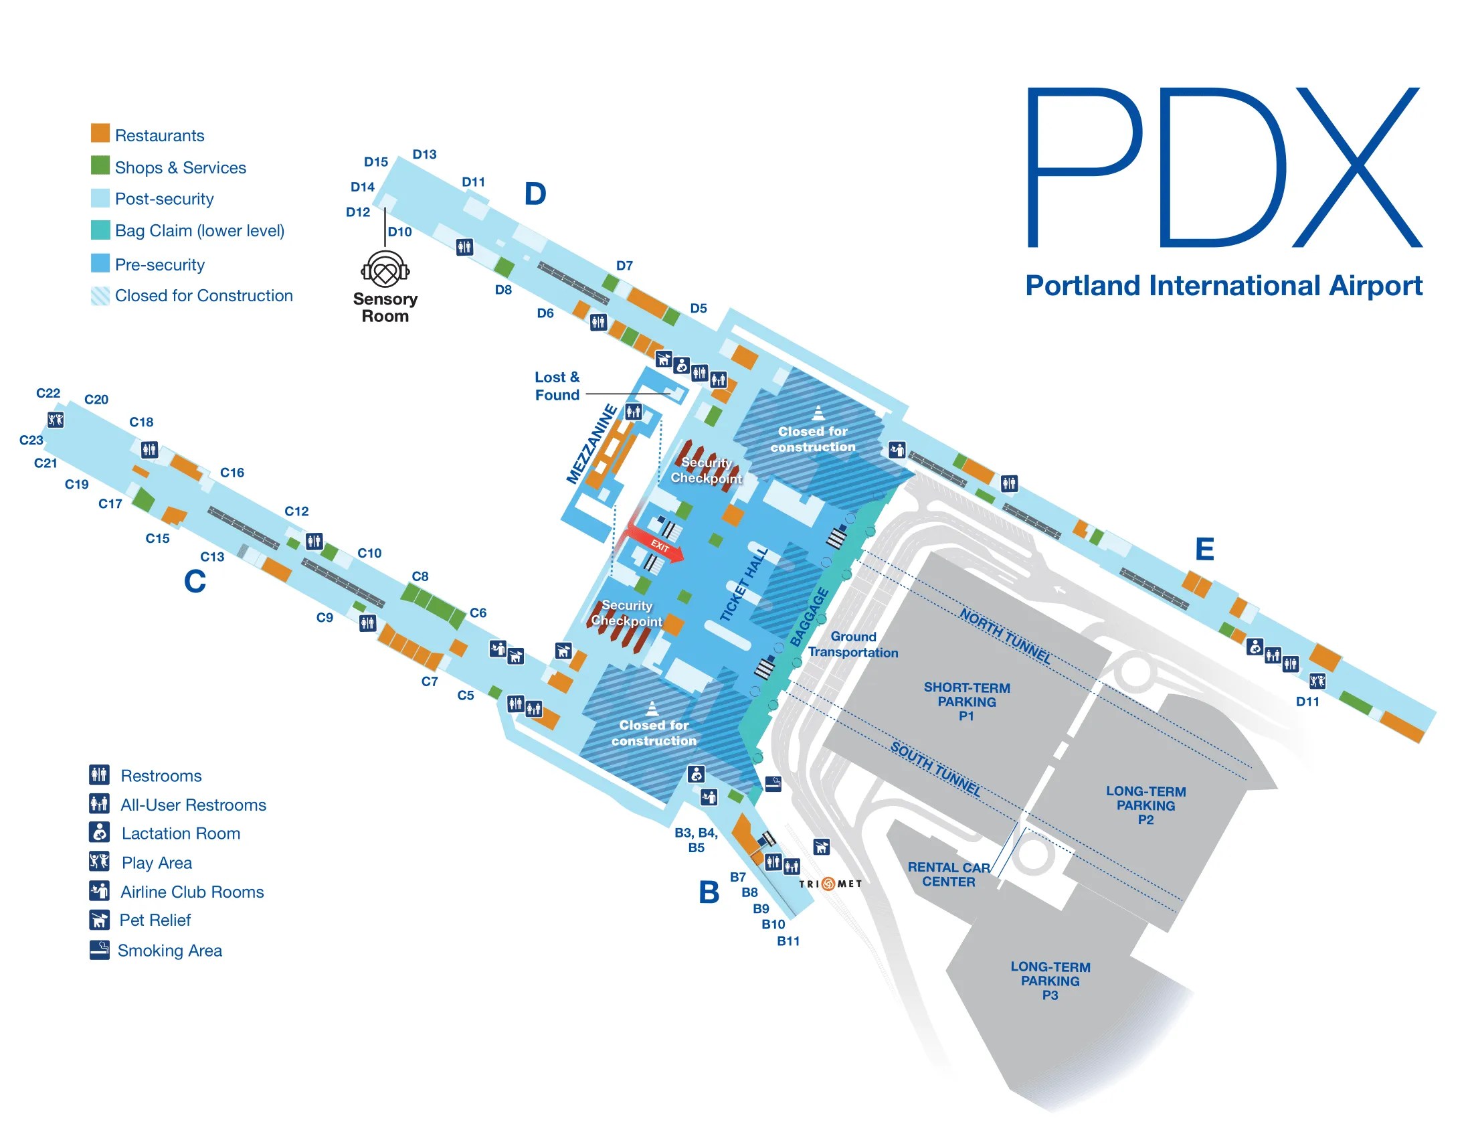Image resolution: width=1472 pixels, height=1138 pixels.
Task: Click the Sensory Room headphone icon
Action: pyautogui.click(x=385, y=270)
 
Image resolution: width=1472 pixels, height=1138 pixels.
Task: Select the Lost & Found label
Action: pyautogui.click(x=557, y=386)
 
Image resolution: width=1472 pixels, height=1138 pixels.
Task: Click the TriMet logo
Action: pyautogui.click(x=830, y=884)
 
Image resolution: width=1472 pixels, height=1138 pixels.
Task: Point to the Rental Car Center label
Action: pyautogui.click(x=948, y=874)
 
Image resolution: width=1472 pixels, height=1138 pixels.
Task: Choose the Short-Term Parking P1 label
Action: pyautogui.click(x=967, y=701)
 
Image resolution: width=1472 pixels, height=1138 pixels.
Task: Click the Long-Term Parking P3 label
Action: pyautogui.click(x=1050, y=981)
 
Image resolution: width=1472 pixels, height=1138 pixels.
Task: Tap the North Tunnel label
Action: pyautogui.click(x=1005, y=636)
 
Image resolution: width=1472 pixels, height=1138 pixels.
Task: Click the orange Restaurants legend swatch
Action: pyautogui.click(x=100, y=133)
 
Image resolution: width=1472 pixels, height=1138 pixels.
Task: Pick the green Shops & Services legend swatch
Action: pyautogui.click(x=100, y=165)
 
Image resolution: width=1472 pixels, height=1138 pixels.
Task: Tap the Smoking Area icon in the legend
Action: pyautogui.click(x=100, y=950)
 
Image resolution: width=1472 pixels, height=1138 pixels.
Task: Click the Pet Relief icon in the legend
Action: pyautogui.click(x=100, y=920)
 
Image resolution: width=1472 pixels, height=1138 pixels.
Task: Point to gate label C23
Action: pyautogui.click(x=31, y=440)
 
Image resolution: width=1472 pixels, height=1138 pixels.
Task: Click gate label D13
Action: pyautogui.click(x=425, y=155)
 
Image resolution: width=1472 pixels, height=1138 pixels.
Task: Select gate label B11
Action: pyautogui.click(x=788, y=941)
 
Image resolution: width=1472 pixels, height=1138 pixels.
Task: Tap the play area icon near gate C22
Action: pyautogui.click(x=56, y=420)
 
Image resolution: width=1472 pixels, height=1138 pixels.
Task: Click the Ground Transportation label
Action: pyautogui.click(x=853, y=645)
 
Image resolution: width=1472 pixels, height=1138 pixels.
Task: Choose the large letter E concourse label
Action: pyautogui.click(x=1204, y=550)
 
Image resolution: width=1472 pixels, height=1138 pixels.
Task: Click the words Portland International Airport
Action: pyautogui.click(x=1223, y=286)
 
